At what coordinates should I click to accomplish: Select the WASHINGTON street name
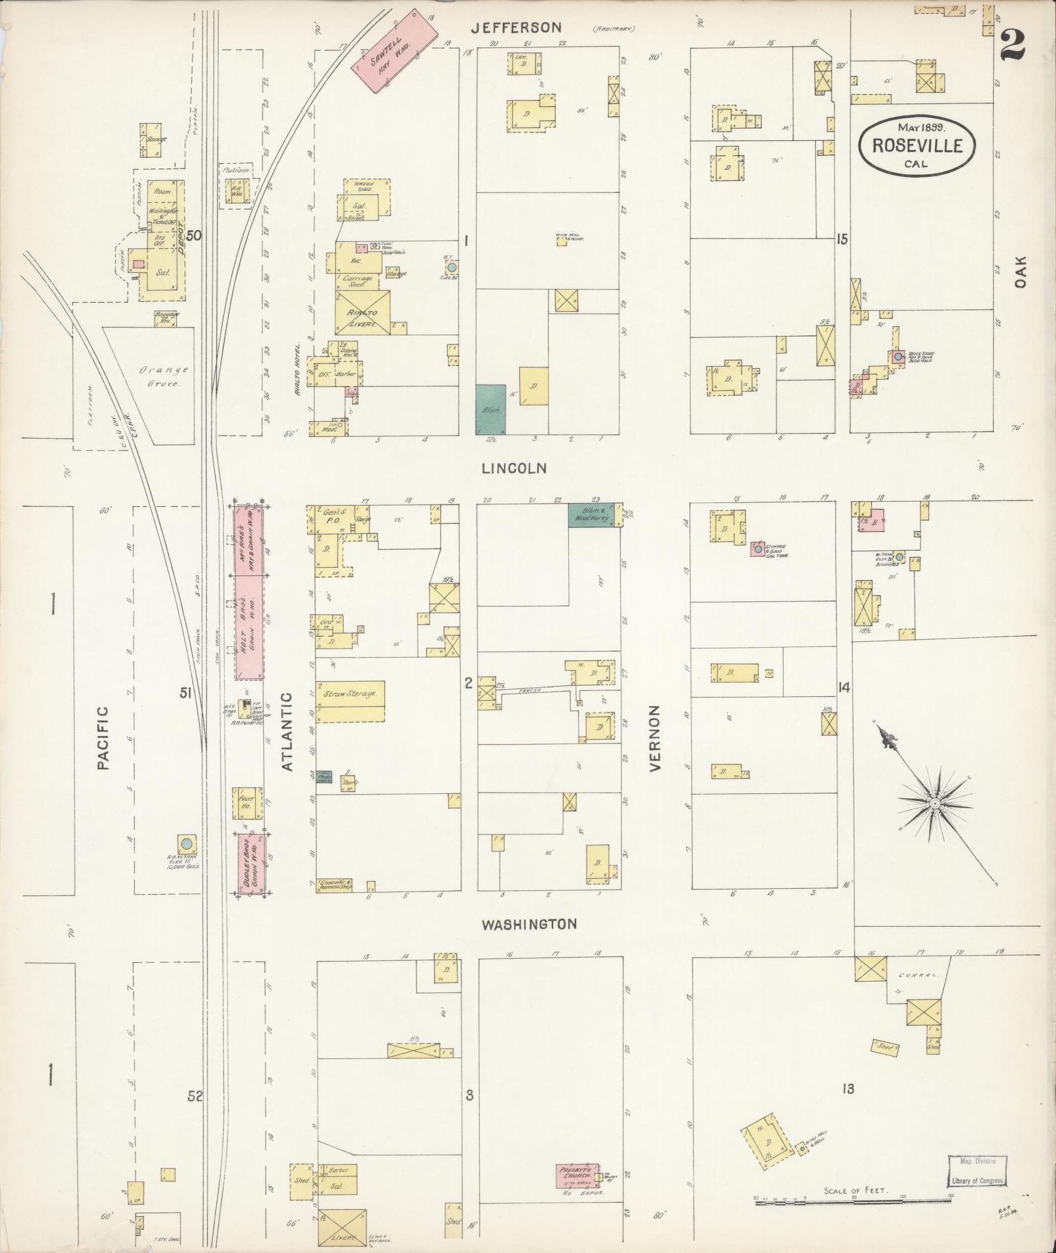pyautogui.click(x=530, y=924)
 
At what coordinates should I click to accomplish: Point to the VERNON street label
pyautogui.click(x=656, y=738)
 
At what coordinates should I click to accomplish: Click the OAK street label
pyautogui.click(x=1021, y=271)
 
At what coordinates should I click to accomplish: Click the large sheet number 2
pyautogui.click(x=1012, y=46)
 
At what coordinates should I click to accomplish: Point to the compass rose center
pyautogui.click(x=936, y=803)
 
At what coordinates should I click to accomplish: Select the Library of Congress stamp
pyautogui.click(x=976, y=1171)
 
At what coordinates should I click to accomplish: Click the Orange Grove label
pyautogui.click(x=155, y=377)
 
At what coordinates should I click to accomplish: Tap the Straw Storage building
pyautogui.click(x=350, y=701)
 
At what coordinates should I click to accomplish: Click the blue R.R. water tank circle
pyautogui.click(x=187, y=842)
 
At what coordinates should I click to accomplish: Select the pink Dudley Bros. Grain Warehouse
pyautogui.click(x=251, y=864)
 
